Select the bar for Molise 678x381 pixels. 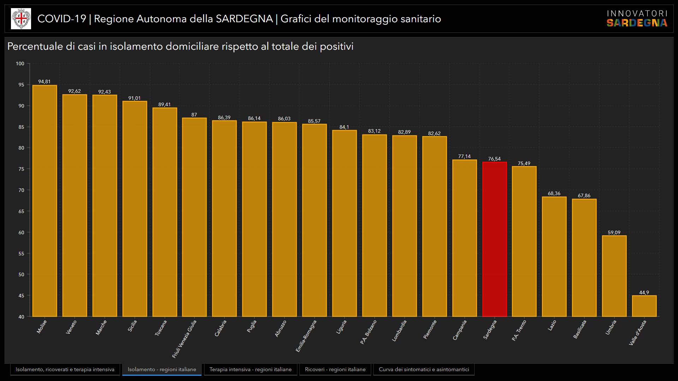[44, 201]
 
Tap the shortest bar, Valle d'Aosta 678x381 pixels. [644, 306]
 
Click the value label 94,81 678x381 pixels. [44, 82]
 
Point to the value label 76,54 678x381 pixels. [494, 159]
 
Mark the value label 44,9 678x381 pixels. [644, 293]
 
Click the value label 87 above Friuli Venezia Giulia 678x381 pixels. [194, 115]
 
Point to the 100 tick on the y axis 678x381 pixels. [20, 64]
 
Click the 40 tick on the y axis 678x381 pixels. [21, 317]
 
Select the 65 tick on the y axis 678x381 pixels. [21, 211]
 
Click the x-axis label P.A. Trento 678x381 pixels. [519, 330]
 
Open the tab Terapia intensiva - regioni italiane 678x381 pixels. [250, 369]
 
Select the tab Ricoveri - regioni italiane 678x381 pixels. [335, 369]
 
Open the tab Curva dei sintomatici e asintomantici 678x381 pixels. [424, 369]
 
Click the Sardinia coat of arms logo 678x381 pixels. [21, 19]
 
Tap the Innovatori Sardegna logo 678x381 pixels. [637, 19]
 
